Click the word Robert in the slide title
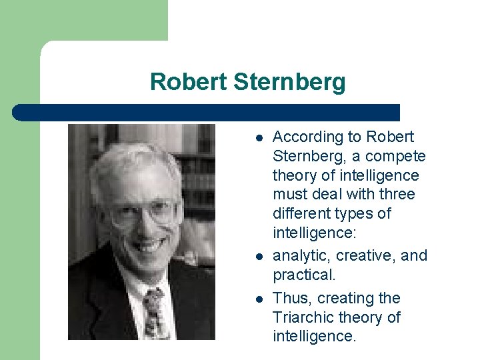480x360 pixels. click(189, 82)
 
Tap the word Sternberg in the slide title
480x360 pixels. click(289, 83)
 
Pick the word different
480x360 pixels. click(301, 214)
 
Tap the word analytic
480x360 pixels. click(302, 255)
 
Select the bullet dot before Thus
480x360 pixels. click(257, 299)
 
